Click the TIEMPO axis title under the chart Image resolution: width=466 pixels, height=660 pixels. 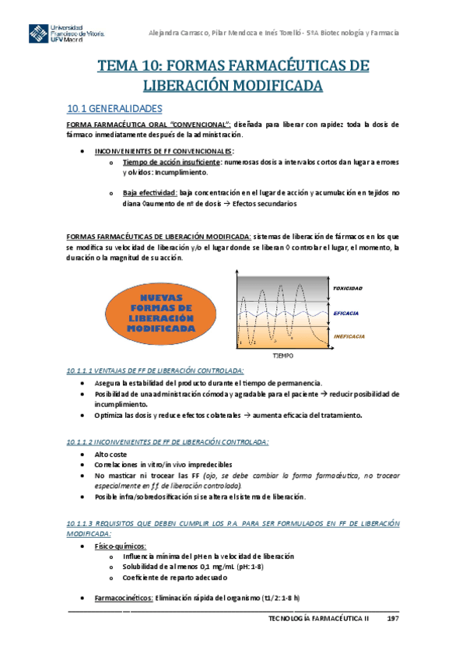click(x=282, y=355)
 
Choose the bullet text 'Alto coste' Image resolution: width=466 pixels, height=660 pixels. click(x=111, y=453)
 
